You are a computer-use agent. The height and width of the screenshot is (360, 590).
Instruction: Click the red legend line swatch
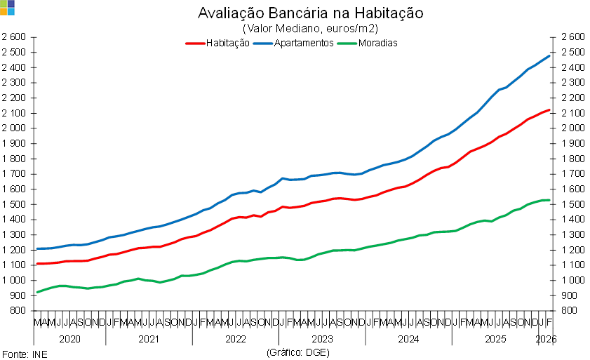point(195,44)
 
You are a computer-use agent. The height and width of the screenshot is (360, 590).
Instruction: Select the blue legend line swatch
point(263,44)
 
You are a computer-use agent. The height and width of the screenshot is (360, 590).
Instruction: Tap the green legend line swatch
point(347,44)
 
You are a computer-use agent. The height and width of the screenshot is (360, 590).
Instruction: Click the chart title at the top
point(311,14)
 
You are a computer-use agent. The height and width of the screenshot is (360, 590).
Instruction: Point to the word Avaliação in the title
point(229,14)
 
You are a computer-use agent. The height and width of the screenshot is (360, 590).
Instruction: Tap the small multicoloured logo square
point(7,7)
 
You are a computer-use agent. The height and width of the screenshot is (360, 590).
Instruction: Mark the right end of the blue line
point(550,55)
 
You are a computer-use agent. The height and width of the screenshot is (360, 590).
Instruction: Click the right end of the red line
point(550,109)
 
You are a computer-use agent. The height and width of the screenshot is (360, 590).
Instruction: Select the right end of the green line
point(550,201)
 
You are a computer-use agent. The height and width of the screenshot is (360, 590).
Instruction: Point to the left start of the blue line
point(36,248)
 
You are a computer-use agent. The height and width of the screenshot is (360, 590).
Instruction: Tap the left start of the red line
point(36,264)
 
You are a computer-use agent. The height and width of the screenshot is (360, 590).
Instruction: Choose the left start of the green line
point(36,292)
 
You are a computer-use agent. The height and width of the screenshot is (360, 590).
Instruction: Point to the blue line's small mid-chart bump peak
point(283,178)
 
